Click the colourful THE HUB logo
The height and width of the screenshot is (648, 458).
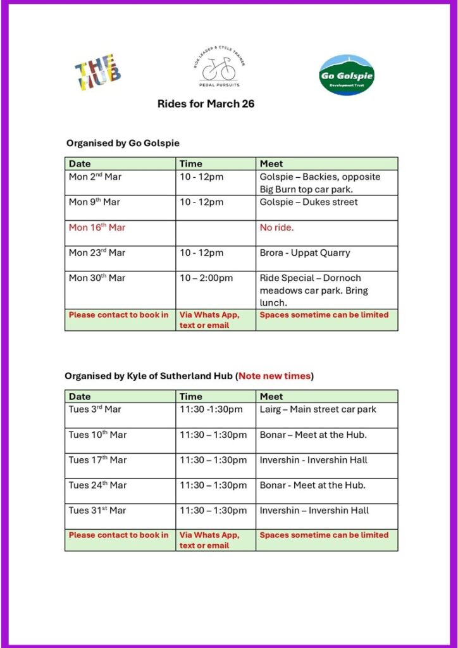coord(97,72)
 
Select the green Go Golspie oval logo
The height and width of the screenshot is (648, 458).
coord(346,75)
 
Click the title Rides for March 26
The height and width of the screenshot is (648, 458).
coord(206,104)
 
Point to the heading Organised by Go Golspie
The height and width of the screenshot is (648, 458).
coord(123,144)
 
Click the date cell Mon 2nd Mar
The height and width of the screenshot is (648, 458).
coord(95,177)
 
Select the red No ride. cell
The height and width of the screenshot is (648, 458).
coord(276,228)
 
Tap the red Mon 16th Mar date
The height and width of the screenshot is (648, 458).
coord(97,228)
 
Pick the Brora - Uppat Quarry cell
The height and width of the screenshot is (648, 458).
coord(304,253)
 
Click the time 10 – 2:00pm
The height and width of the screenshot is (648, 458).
coord(206,278)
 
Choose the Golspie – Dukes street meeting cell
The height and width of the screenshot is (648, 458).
coord(308,202)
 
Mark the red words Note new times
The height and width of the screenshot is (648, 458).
coord(275,376)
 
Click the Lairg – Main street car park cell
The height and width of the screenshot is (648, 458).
coord(318,409)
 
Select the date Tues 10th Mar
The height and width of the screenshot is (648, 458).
coord(97,435)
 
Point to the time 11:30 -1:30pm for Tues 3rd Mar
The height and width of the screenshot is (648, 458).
coord(211,409)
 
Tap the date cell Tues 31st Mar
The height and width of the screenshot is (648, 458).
coord(97,511)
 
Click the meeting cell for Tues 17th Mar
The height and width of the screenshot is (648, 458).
coord(313,460)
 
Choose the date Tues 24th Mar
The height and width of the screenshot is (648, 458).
coord(97,485)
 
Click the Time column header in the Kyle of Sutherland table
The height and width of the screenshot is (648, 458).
coord(191,396)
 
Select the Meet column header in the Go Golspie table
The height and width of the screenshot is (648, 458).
coord(271,164)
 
